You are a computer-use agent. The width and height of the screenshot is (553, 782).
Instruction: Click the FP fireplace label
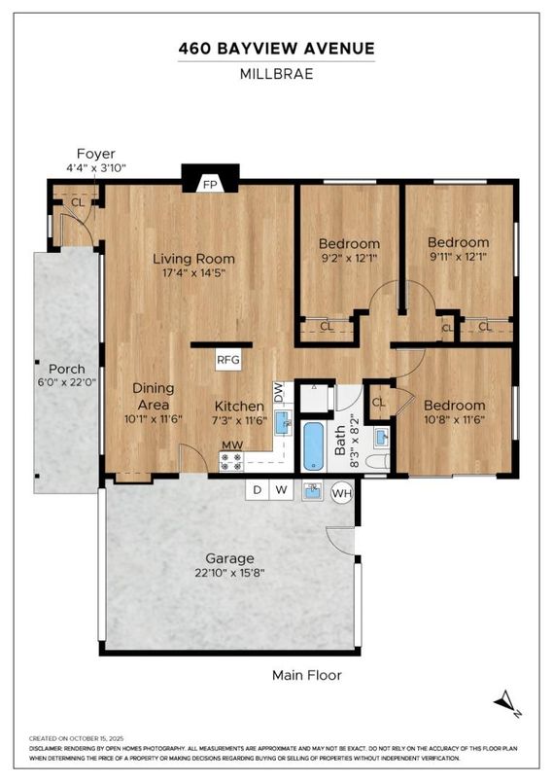coord(210,185)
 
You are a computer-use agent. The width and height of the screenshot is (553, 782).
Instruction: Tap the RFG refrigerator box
coord(228,359)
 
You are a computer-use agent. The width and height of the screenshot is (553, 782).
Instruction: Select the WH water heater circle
coord(342,494)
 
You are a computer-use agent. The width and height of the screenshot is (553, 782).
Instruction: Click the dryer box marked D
coord(258,490)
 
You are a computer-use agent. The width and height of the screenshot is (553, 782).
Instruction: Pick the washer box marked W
coord(282,490)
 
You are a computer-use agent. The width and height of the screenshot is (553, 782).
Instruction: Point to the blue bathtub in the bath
coord(314,446)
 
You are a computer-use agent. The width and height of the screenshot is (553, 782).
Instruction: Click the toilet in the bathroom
coord(378,461)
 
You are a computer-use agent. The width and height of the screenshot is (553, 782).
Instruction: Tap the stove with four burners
coord(231,461)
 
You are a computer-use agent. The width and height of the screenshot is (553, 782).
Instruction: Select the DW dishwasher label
coord(278,392)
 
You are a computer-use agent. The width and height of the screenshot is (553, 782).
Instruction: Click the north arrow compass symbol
coord(508,703)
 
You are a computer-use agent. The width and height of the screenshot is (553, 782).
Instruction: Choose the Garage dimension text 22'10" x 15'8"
coord(229,573)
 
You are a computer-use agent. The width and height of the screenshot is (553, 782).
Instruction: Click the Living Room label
coord(193,259)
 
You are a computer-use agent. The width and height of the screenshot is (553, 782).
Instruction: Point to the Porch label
coord(67,369)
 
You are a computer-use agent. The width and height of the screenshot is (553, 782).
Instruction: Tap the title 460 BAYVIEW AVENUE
coord(276,49)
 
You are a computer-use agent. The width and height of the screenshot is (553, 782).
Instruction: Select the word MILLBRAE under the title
coord(276,74)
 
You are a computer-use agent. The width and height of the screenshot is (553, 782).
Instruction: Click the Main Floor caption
coord(307,675)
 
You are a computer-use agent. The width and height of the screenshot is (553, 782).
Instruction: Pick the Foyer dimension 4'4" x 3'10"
coord(96,167)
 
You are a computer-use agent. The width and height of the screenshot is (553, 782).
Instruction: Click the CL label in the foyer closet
coord(78,202)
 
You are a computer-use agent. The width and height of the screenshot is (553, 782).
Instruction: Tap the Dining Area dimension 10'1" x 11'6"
coord(153,419)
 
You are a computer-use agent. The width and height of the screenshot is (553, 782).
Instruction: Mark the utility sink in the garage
coord(313,491)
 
